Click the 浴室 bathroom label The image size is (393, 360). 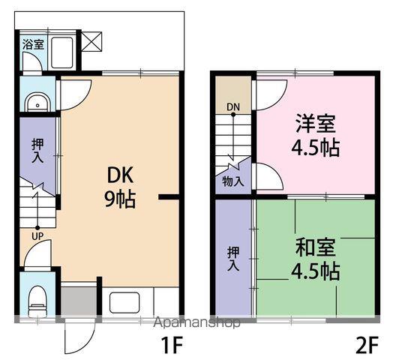[33, 44]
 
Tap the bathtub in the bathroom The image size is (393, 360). [62, 52]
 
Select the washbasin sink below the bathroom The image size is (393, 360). [38, 103]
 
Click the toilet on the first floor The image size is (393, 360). [37, 301]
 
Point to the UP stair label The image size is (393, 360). [37, 236]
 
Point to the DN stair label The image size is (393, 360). [233, 107]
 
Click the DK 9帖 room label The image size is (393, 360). [120, 187]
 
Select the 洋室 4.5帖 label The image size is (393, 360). [315, 135]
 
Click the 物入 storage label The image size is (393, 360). [233, 181]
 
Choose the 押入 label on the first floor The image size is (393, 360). [37, 151]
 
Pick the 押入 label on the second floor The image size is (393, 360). [233, 259]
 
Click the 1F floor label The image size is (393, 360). [172, 345]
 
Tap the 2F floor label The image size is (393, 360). [367, 345]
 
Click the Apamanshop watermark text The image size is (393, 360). [197, 322]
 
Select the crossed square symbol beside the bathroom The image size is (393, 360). [92, 41]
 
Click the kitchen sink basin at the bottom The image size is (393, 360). [124, 302]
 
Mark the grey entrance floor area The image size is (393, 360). [79, 301]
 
